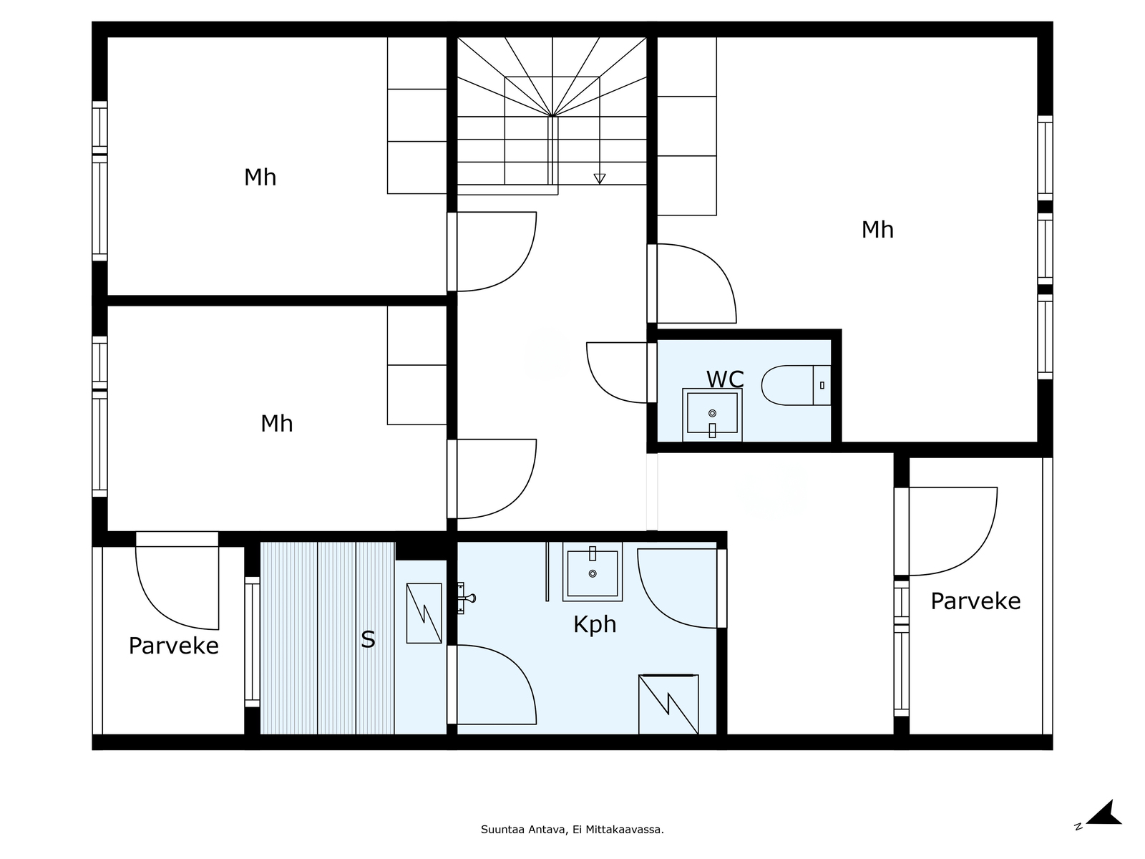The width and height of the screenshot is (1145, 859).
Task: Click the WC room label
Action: coord(724,379)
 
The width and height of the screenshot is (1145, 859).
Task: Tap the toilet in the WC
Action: coord(796,385)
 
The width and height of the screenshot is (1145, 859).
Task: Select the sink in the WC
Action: coord(712,414)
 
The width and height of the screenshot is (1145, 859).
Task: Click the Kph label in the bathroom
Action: coord(595,624)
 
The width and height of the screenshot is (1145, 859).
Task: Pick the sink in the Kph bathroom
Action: coord(592,572)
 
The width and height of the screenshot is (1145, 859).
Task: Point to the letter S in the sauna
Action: coord(368,639)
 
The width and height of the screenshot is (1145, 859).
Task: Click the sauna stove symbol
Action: coord(424,613)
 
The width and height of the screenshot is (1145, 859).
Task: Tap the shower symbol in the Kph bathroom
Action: coord(668,704)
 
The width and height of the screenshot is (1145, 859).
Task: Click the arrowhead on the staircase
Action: coord(600,178)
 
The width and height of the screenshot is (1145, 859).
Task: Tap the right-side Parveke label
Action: coord(975,601)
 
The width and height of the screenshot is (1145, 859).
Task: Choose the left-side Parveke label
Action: coord(173,646)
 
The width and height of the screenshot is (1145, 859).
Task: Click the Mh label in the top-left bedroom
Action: coord(260,178)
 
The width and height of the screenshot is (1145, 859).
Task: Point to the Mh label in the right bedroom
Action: coord(877,230)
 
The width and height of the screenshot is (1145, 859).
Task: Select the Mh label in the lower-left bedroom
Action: coord(276,424)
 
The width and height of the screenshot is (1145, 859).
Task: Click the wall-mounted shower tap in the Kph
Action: coord(466,598)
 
